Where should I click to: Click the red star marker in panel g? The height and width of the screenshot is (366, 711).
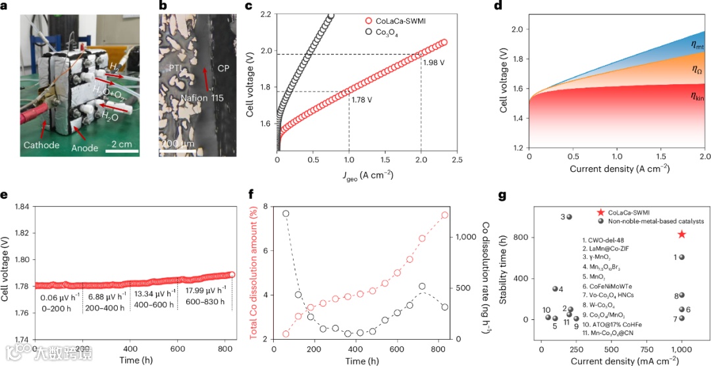click(x=681, y=234)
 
